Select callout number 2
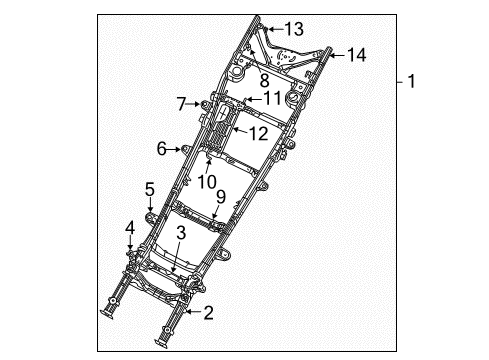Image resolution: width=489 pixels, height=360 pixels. click(x=207, y=314)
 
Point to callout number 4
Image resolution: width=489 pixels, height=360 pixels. click(x=130, y=227)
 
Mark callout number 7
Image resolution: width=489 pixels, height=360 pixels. click(x=181, y=103)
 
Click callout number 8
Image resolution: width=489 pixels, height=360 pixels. click(x=265, y=80)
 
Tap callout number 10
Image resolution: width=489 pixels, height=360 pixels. click(x=207, y=181)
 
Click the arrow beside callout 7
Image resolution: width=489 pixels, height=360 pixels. click(x=196, y=103)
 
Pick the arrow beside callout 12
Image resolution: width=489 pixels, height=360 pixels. click(x=240, y=131)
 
